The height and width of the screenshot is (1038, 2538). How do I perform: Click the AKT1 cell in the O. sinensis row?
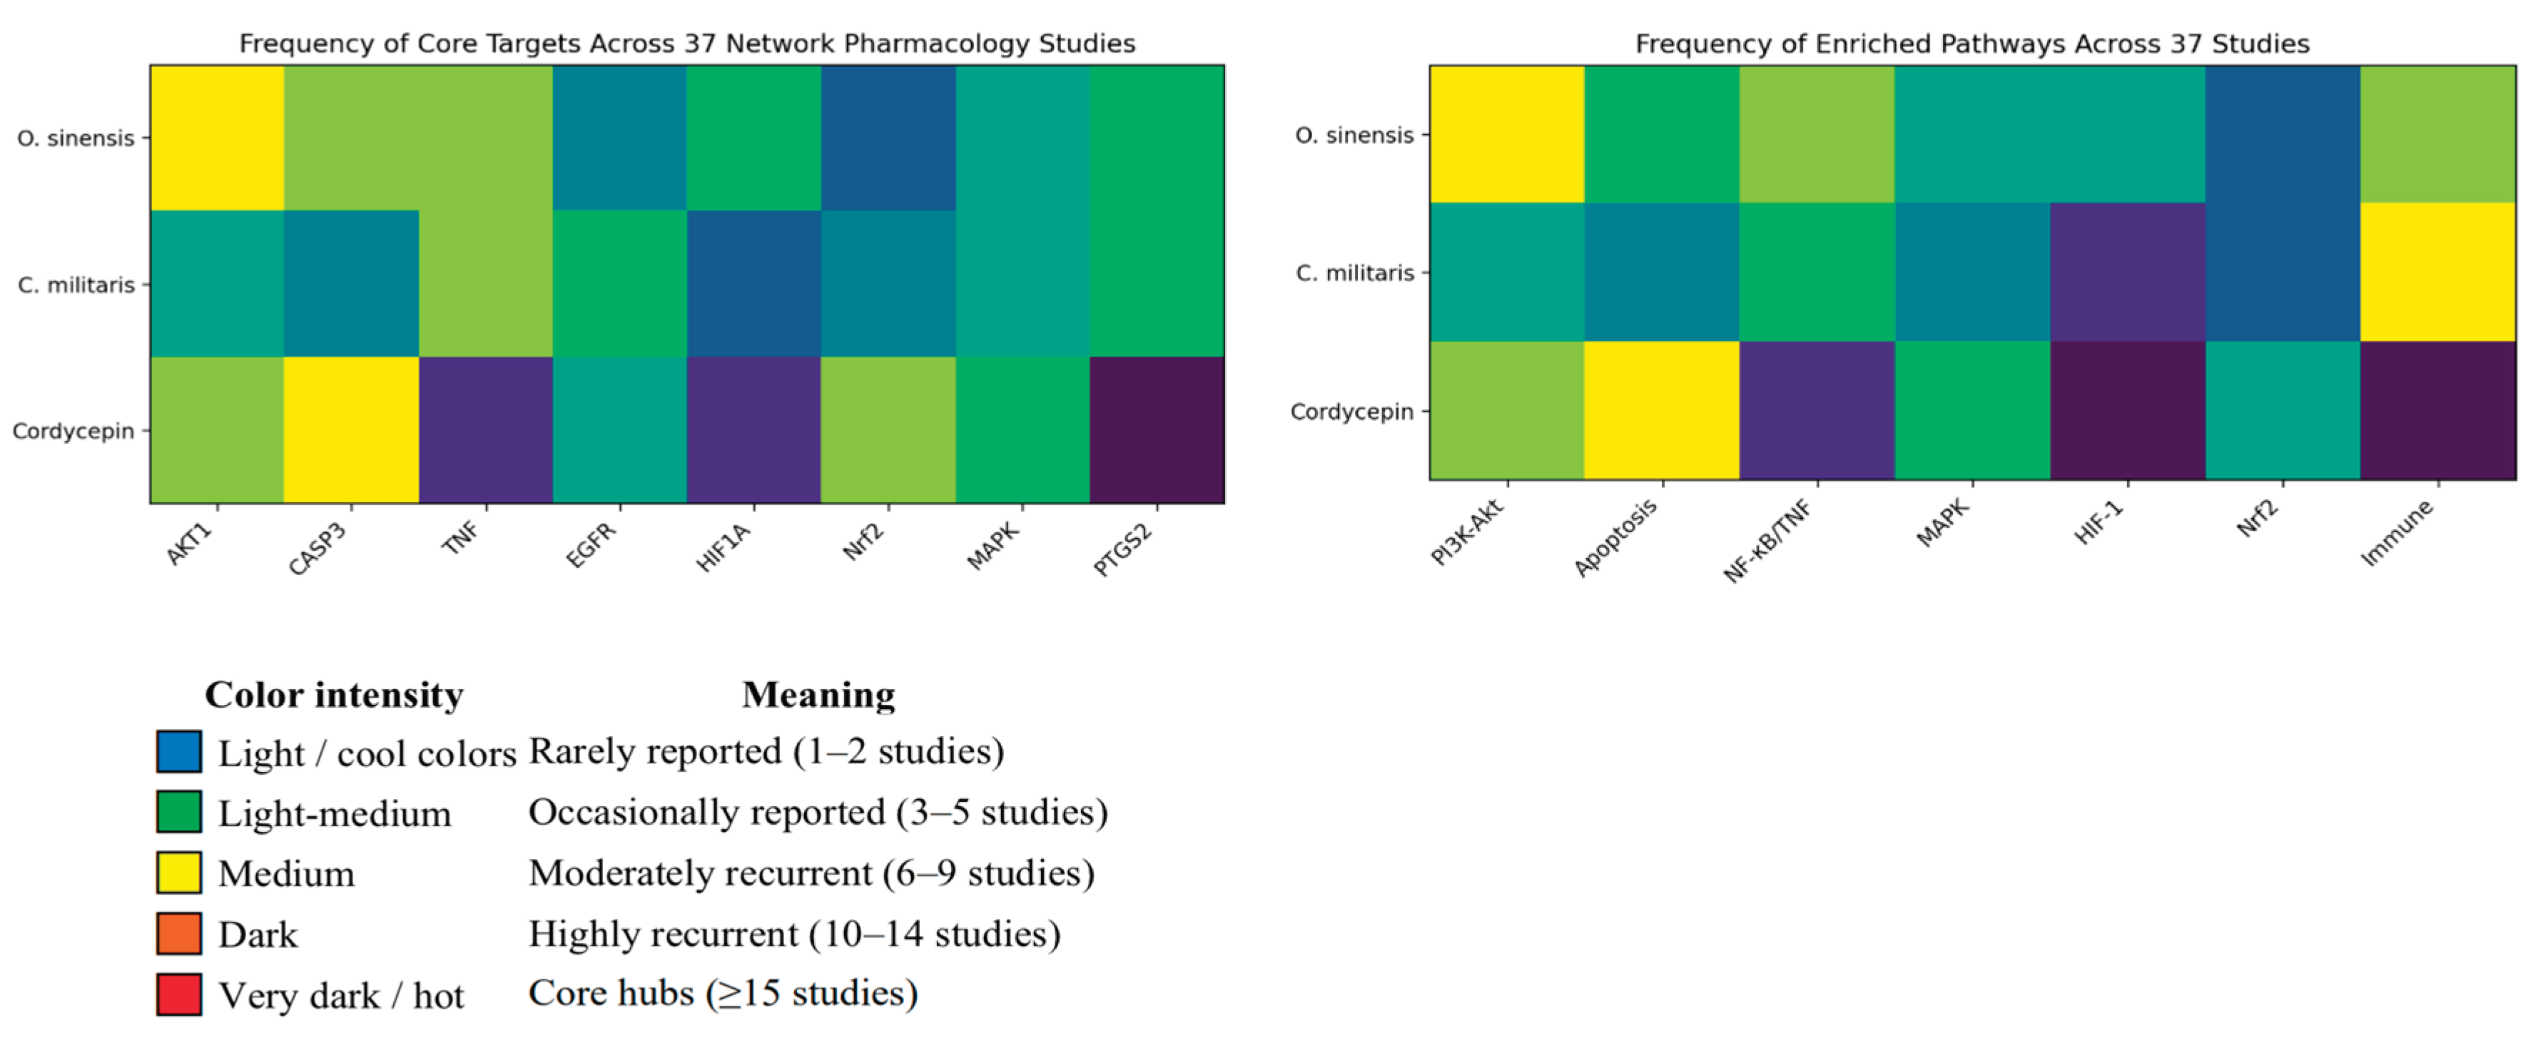pos(217,138)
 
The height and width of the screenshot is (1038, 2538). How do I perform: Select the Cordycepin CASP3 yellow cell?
pos(351,429)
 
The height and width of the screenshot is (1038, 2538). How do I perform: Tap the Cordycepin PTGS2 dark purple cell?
pos(1157,429)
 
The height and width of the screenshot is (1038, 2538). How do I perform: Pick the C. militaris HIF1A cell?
pos(753,284)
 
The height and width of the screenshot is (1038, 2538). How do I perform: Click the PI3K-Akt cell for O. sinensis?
pos(1506,134)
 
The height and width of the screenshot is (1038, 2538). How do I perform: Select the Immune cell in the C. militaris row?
pos(2437,272)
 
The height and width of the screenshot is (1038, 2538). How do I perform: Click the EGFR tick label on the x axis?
pos(591,544)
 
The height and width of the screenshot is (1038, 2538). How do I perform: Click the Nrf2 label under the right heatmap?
pos(2257,518)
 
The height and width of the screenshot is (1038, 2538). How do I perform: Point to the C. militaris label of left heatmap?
pos(76,285)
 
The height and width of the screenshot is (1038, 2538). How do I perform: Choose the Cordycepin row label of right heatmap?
pos(1351,412)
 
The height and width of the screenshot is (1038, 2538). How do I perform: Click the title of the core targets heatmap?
pos(686,44)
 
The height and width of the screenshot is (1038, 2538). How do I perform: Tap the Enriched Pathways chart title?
pos(1971,44)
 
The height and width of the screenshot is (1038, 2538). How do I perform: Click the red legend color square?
pos(178,994)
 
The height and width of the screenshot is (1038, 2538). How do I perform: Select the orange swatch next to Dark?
pos(178,932)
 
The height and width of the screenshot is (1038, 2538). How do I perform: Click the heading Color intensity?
pos(334,694)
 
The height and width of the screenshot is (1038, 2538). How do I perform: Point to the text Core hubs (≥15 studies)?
pos(722,992)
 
